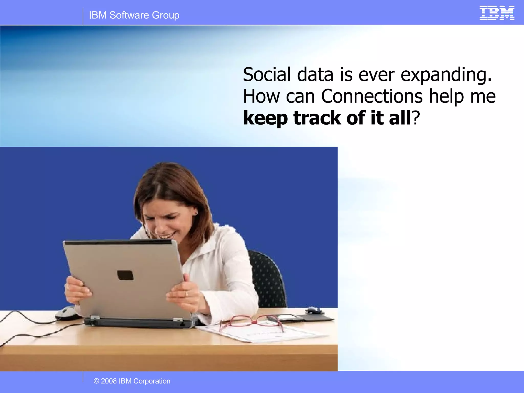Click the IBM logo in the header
[x=497, y=13]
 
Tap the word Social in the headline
[x=267, y=75]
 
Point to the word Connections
[x=372, y=96]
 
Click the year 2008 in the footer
[x=109, y=381]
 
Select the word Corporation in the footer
[x=152, y=381]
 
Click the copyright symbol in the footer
[x=96, y=381]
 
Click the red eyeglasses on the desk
[x=252, y=323]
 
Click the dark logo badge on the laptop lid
[x=125, y=275]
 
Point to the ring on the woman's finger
[x=187, y=294]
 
